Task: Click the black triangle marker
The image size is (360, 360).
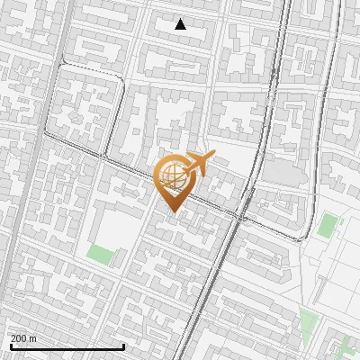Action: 181,24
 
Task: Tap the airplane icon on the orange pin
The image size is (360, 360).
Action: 198,164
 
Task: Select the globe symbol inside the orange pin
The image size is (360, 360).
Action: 171,178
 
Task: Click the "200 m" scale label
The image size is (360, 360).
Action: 24,338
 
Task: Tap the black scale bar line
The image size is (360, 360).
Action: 67,346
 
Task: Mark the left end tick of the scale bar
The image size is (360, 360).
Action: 11,346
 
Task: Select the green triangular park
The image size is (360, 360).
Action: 309,321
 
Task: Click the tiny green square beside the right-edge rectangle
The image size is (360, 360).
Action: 340,216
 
